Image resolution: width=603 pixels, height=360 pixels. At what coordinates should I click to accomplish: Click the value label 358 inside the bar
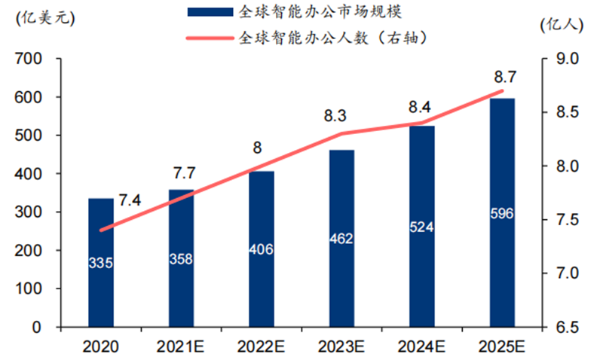pyautogui.click(x=181, y=259)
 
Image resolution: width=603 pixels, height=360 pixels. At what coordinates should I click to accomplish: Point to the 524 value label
pyautogui.click(x=422, y=226)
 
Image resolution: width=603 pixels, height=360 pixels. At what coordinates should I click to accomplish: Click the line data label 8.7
pyautogui.click(x=504, y=77)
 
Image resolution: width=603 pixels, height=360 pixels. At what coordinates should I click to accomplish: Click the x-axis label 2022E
pyautogui.click(x=262, y=347)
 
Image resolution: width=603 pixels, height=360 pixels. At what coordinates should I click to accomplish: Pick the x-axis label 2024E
pyautogui.click(x=423, y=347)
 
